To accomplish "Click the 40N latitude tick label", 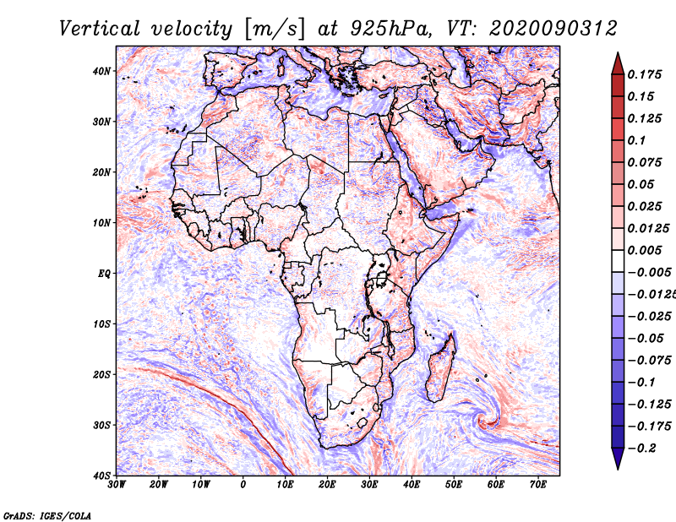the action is tap(101, 71).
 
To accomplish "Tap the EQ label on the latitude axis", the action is tap(104, 274).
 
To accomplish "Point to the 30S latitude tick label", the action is tap(101, 426).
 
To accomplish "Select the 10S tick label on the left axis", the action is tap(101, 324).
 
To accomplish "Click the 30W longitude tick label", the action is tap(117, 485).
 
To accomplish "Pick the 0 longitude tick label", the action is tap(243, 485).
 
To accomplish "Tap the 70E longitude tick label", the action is tap(538, 485).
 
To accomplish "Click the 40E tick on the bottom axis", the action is tap(412, 485).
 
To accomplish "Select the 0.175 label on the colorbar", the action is tap(644, 75).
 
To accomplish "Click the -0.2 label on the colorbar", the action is tap(641, 449).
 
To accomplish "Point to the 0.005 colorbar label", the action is tap(644, 250).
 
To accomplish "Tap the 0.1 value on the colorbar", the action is tap(637, 140).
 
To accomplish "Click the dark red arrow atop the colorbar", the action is tap(618, 64).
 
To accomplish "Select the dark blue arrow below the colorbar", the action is tap(618, 459).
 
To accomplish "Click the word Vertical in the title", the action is tap(100, 29).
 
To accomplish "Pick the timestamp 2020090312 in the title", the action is tap(553, 29).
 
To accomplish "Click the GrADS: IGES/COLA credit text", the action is tap(47, 516).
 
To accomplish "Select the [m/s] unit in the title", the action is tap(275, 29).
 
